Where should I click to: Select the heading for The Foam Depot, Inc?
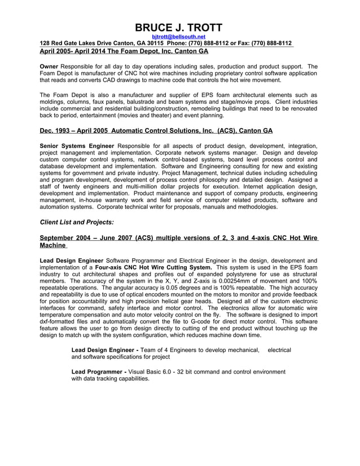124,51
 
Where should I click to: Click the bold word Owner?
49,66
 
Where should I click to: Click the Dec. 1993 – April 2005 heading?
156,130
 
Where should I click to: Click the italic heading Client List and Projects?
77,222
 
